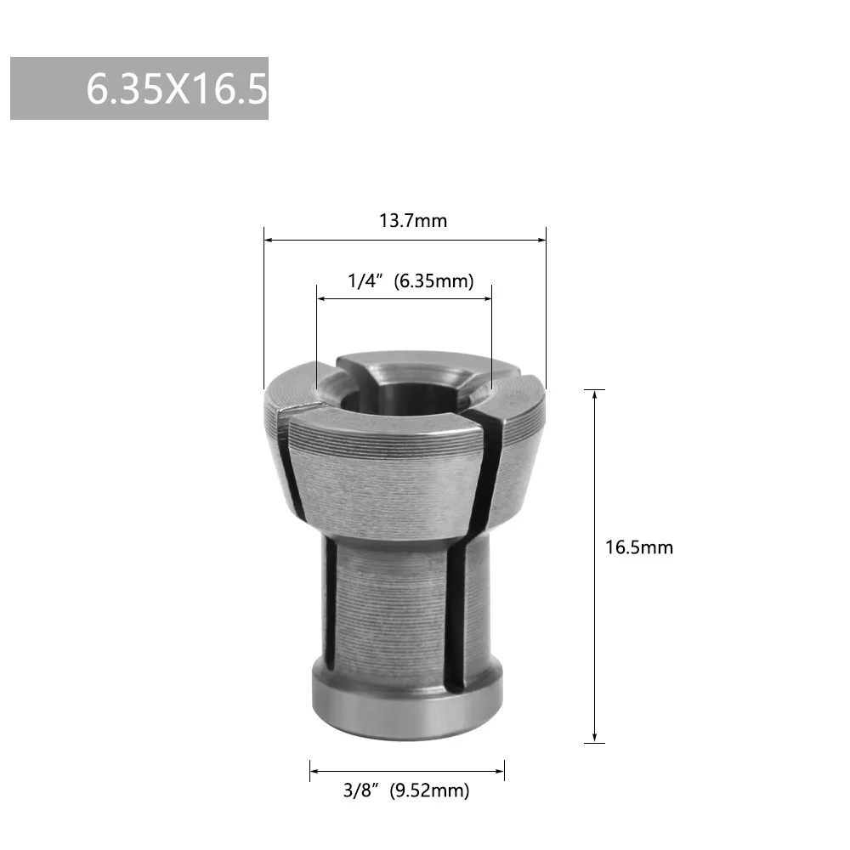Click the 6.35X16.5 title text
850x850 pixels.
(177, 89)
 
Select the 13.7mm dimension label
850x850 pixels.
(412, 221)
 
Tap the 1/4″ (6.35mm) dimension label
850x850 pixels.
(411, 281)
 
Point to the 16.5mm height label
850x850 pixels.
(638, 547)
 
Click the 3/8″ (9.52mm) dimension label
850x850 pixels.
(405, 791)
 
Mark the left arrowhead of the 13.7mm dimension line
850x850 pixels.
(268, 241)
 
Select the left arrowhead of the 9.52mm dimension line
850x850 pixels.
(314, 772)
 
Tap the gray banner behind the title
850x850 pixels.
(42, 89)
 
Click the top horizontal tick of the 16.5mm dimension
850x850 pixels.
(595, 389)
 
